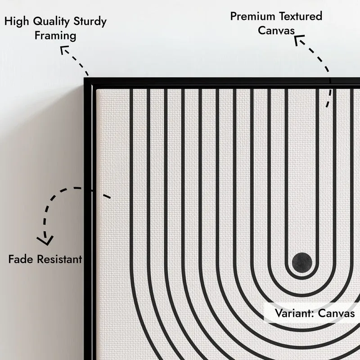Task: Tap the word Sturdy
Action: [90, 22]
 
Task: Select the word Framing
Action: [55, 36]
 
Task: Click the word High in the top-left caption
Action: [17, 21]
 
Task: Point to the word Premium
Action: [252, 17]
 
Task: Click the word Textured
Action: [301, 16]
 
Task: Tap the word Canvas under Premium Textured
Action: [276, 30]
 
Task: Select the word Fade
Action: [21, 259]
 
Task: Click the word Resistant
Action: [60, 259]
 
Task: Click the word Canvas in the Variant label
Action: [337, 313]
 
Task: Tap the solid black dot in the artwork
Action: [302, 263]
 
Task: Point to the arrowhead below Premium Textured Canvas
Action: [298, 39]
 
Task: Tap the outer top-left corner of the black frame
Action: [84, 78]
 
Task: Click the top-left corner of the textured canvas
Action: [97, 89]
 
